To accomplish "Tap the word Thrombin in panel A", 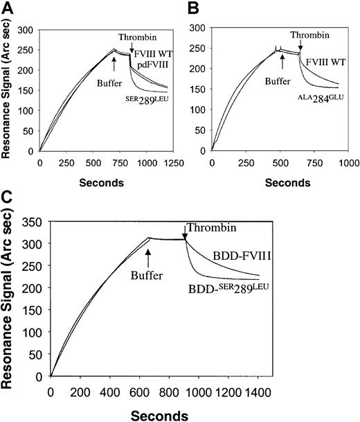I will point(134,37).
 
